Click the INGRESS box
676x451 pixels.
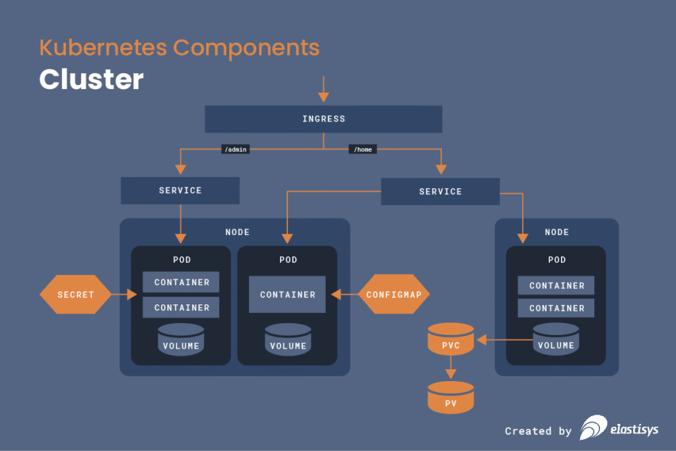click(x=323, y=119)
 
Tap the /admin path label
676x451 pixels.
click(x=236, y=150)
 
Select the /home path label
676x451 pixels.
click(x=363, y=150)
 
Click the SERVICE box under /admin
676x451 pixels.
click(x=180, y=190)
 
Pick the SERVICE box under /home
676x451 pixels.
click(x=440, y=191)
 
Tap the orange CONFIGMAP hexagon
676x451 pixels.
click(x=394, y=295)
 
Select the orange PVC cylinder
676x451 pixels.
click(x=451, y=340)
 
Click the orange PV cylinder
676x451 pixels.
click(x=451, y=398)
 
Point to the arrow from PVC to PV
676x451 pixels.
click(x=451, y=369)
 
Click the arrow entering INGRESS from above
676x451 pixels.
click(x=323, y=90)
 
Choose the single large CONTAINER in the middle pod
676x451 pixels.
click(x=287, y=295)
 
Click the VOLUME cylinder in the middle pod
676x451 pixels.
click(x=288, y=340)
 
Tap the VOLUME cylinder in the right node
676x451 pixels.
click(x=556, y=340)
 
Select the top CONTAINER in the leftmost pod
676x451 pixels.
click(x=182, y=282)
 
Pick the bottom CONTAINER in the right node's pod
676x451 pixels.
click(x=556, y=308)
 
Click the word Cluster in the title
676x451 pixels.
click(x=91, y=79)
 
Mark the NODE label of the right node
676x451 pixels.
click(x=557, y=232)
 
